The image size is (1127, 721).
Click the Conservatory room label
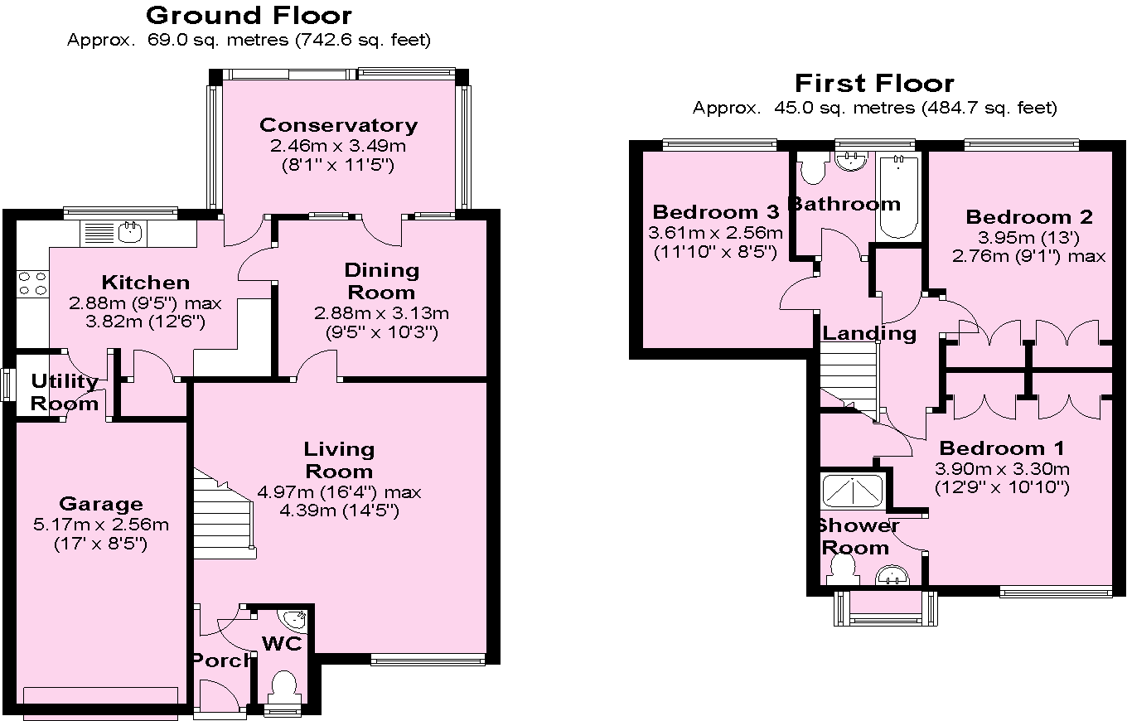click(x=338, y=125)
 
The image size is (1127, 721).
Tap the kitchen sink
click(x=129, y=232)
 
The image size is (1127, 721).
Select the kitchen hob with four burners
click(x=32, y=283)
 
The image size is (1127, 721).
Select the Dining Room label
click(x=381, y=281)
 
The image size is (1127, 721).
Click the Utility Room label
click(x=65, y=393)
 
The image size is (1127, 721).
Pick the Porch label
click(x=221, y=660)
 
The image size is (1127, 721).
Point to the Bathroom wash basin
click(x=850, y=161)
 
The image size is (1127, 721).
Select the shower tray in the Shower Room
click(x=853, y=490)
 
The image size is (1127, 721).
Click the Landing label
click(x=869, y=333)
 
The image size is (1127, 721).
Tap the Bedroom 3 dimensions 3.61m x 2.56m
click(x=716, y=233)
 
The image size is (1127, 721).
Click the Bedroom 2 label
click(x=1029, y=217)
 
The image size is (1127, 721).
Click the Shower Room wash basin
click(x=893, y=573)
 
